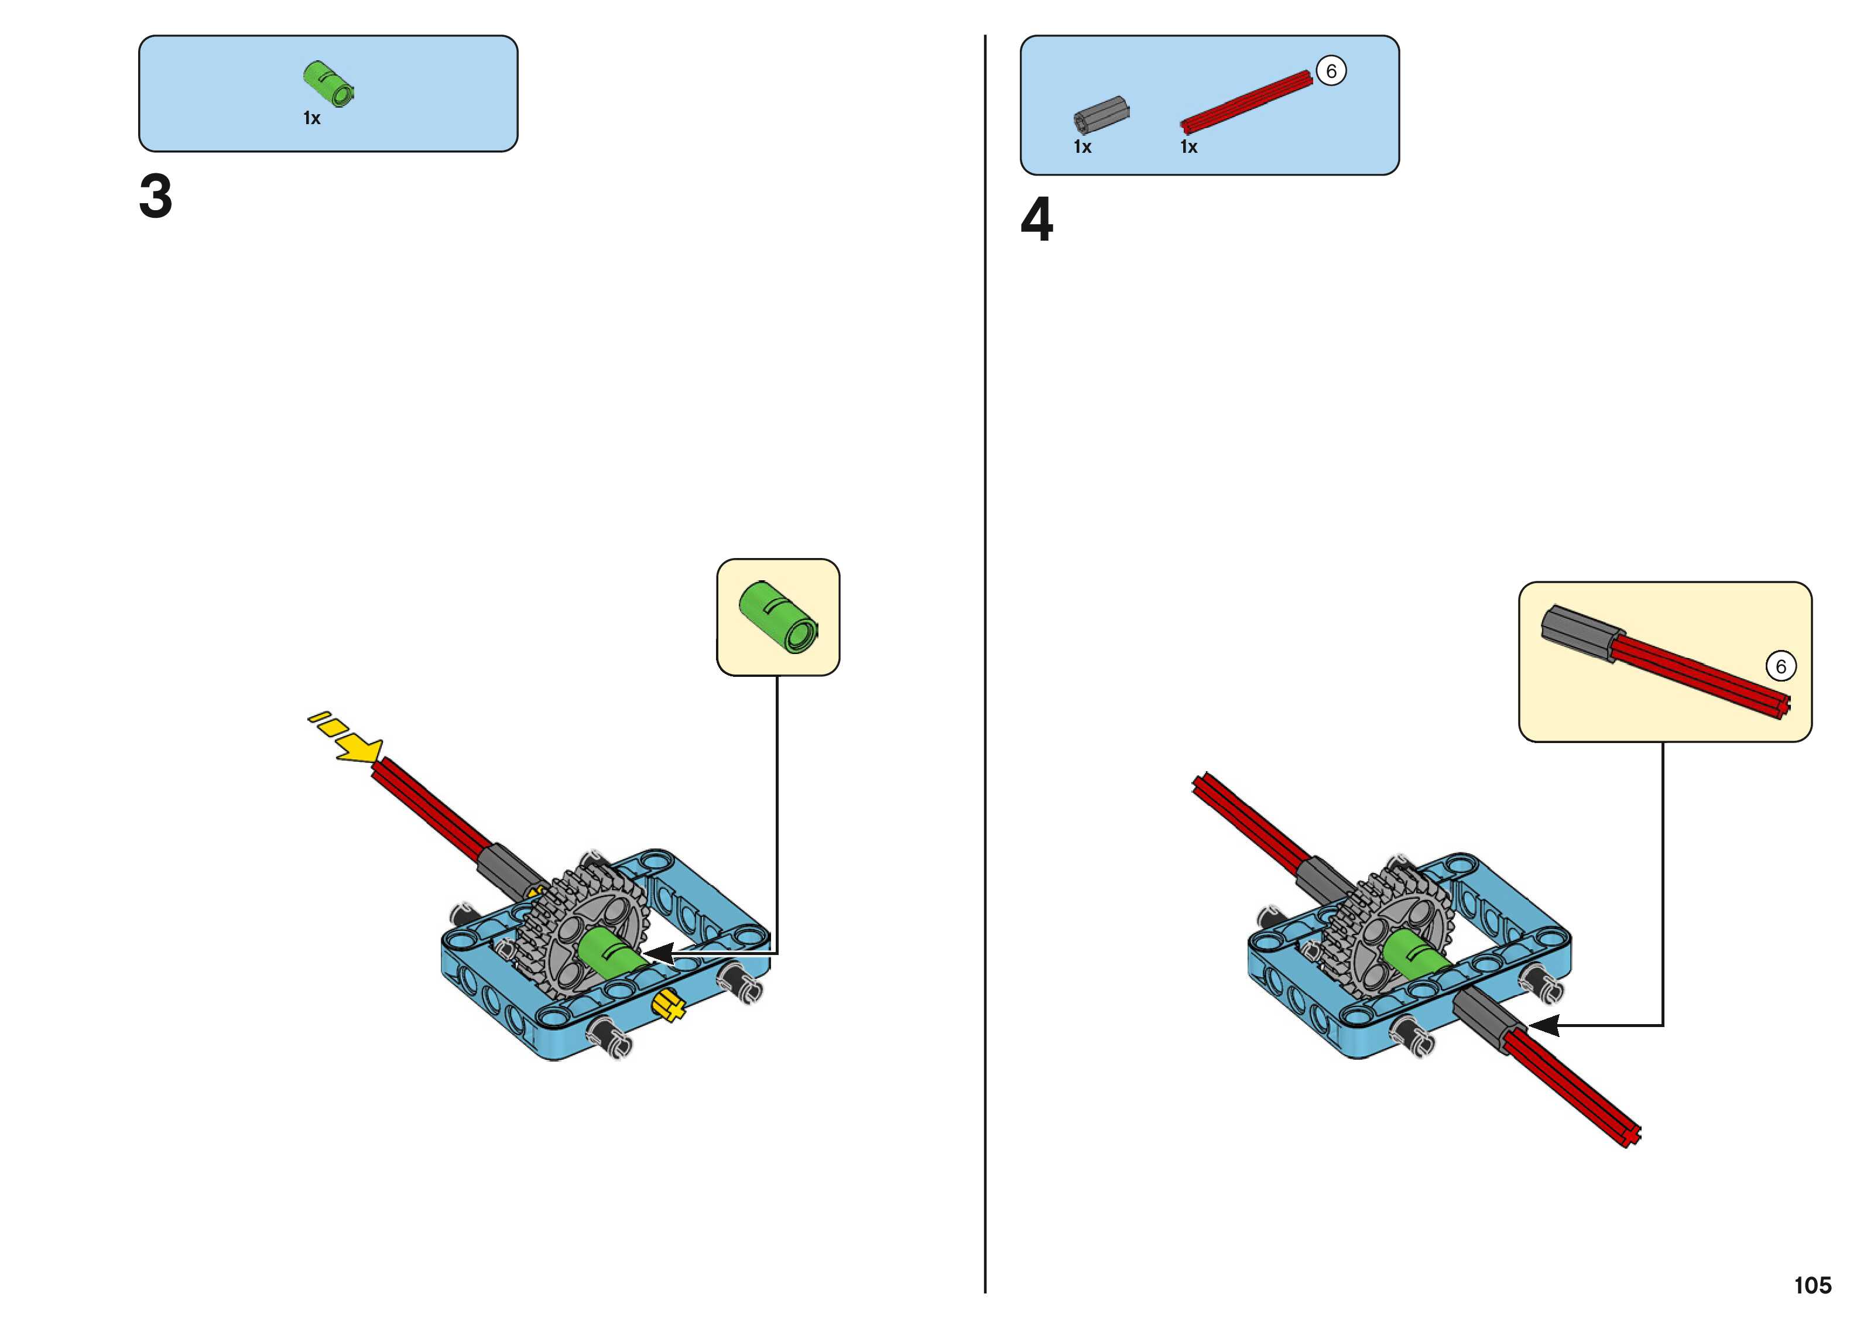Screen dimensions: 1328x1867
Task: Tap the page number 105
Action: coord(1812,1285)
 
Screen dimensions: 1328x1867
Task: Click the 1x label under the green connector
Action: coord(311,118)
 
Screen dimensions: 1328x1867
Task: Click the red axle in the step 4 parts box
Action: coord(1246,102)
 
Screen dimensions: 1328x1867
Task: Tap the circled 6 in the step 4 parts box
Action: coord(1331,71)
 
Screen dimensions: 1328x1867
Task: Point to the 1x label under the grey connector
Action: coord(1082,147)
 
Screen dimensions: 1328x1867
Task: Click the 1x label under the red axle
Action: coord(1188,147)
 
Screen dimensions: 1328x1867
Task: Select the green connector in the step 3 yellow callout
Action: coord(777,617)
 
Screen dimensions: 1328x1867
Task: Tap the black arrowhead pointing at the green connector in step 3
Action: coord(659,953)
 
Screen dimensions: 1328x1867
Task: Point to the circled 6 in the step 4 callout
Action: coord(1780,666)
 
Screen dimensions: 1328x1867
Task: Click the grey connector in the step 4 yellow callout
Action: coord(1576,633)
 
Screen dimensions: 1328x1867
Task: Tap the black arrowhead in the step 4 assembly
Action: coord(1544,1025)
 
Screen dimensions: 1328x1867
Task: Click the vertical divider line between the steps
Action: coord(985,654)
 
